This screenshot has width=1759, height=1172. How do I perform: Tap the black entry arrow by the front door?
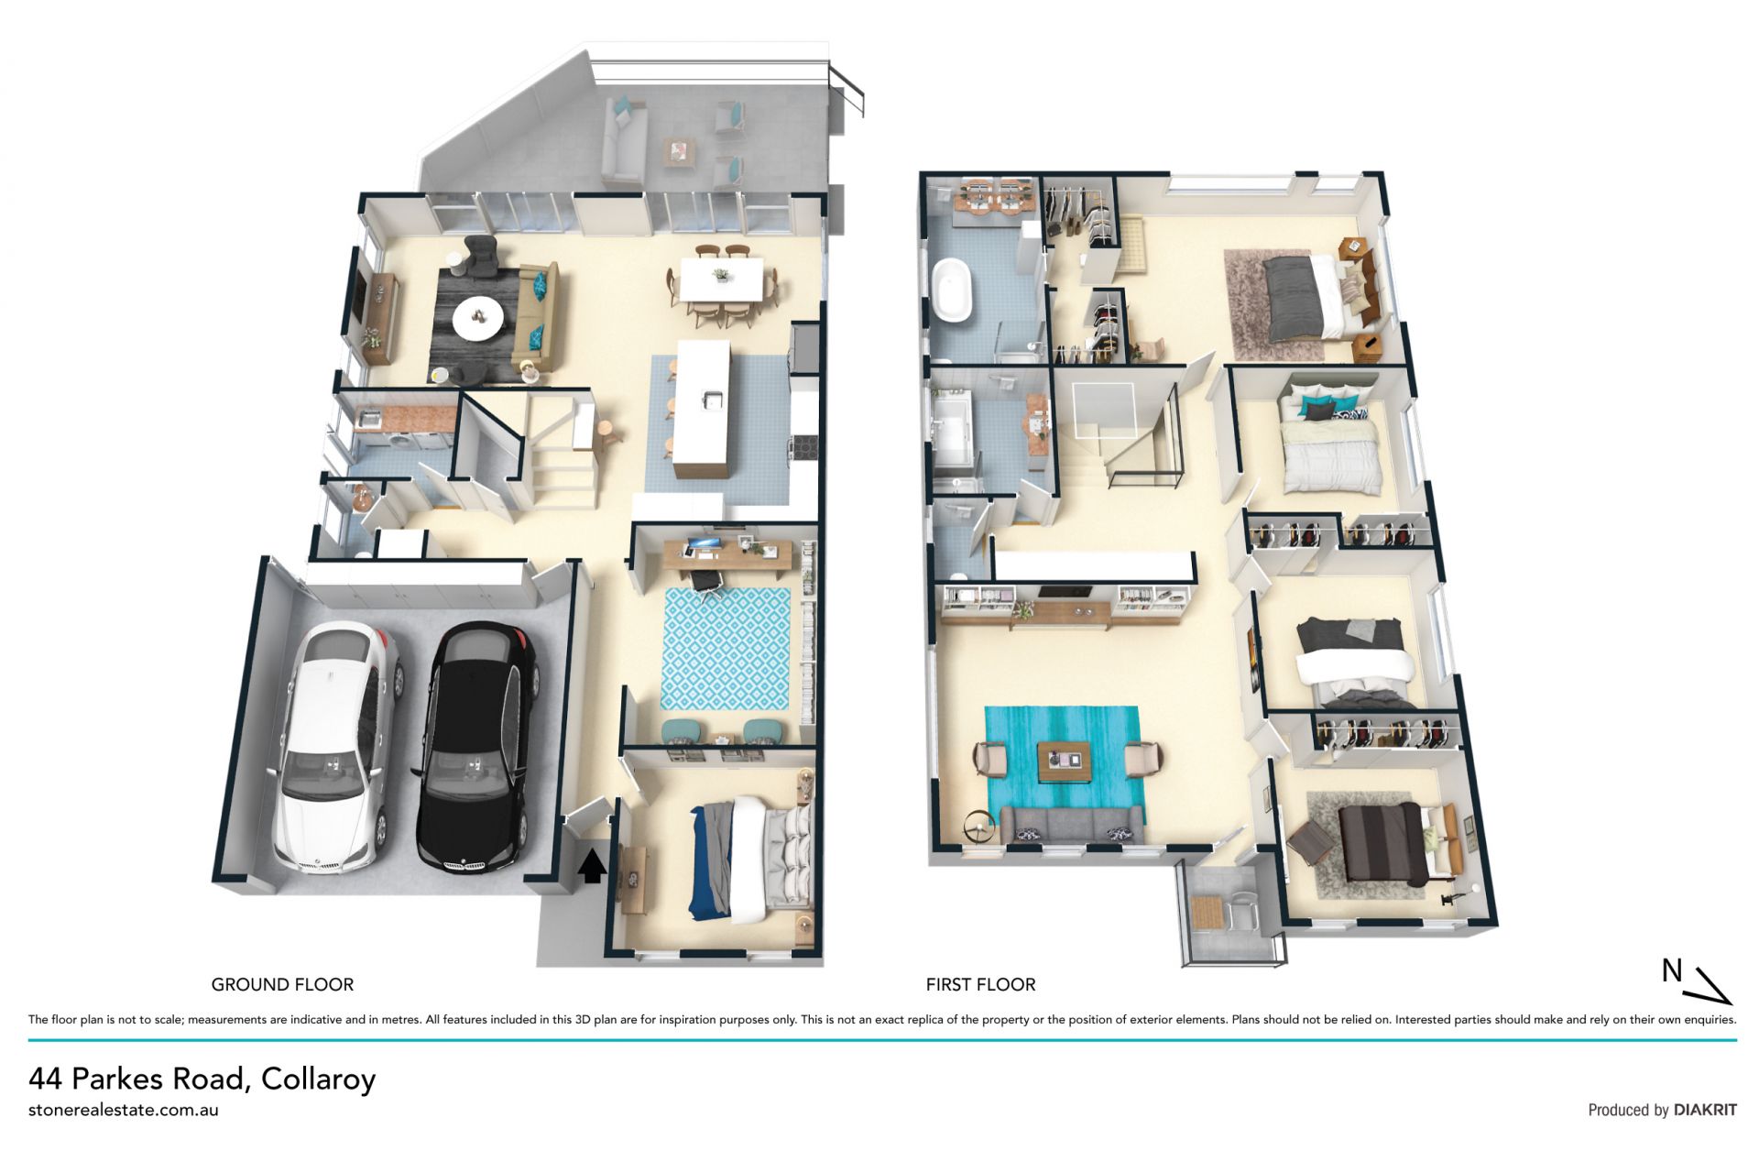click(592, 865)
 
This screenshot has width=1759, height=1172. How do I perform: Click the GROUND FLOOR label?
click(282, 984)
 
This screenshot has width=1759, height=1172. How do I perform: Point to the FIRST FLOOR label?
click(980, 984)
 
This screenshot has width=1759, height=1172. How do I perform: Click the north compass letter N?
click(1672, 970)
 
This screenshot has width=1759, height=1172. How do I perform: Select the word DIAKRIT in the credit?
click(1705, 1110)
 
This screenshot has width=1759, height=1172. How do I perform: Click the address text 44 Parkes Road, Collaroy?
click(202, 1079)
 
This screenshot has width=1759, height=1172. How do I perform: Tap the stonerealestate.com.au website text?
click(124, 1110)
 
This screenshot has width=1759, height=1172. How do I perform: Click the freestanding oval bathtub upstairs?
click(952, 290)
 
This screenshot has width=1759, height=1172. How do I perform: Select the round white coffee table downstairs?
click(477, 318)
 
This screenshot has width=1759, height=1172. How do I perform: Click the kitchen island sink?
click(712, 400)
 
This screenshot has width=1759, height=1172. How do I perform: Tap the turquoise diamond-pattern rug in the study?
click(725, 648)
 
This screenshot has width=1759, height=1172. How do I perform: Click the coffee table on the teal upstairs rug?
click(1064, 761)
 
